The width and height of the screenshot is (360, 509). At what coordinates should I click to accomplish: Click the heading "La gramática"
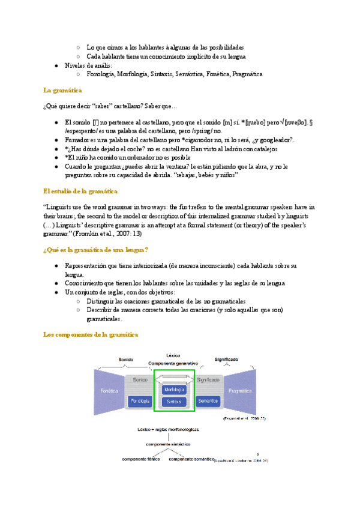[x=63, y=90]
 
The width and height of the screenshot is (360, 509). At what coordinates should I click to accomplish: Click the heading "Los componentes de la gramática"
[x=91, y=334]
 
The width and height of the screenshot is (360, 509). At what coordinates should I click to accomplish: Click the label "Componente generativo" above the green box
[x=174, y=364]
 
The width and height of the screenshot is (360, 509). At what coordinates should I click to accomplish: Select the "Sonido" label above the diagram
[x=125, y=360]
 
